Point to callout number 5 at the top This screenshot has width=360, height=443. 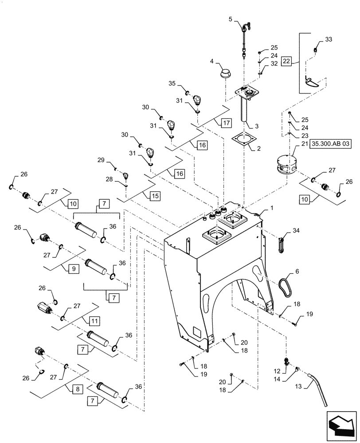230,19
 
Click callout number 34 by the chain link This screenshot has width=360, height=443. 296,231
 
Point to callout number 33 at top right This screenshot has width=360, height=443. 329,39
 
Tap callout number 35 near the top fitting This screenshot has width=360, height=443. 172,83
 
